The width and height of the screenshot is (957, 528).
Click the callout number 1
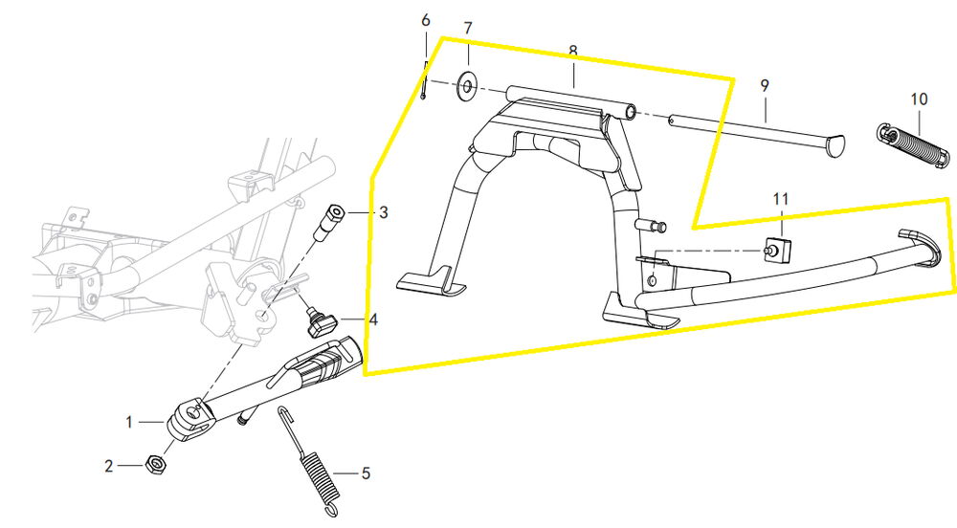pos(130,420)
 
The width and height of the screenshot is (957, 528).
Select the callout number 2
pos(109,466)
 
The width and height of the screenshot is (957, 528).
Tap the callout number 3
pos(383,212)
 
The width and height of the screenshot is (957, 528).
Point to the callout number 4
pos(372,320)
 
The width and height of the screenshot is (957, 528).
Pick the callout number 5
pos(364,473)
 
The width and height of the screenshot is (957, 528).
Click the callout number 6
pos(426,20)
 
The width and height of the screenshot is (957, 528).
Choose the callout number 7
pos(468,29)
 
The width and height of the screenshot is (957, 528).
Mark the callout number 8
pos(572,50)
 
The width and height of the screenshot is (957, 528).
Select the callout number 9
pos(765,85)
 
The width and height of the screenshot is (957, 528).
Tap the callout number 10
pos(919,98)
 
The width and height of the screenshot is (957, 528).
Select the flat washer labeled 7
pos(467,87)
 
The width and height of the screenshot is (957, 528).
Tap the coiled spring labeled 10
pos(910,145)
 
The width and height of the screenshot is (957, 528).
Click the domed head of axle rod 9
pos(834,144)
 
